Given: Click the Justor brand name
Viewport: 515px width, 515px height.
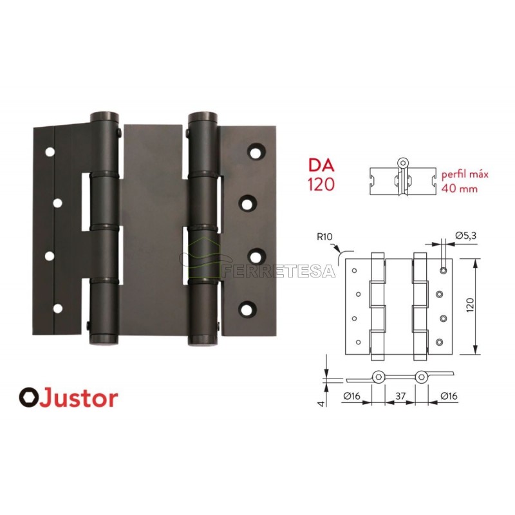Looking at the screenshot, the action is point(80,398).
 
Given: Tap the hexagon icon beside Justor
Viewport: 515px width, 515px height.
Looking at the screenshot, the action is point(29,398).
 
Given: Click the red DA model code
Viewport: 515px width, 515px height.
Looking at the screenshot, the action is point(321,166).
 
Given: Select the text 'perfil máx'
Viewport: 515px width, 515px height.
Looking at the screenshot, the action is point(465,174).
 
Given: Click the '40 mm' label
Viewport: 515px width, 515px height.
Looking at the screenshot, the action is point(460,189).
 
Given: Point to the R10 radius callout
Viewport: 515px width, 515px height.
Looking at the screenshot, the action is point(325,236).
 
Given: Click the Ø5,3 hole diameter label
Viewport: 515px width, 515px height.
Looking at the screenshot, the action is point(465,236).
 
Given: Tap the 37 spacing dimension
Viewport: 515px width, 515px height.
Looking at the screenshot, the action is point(400,396).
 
